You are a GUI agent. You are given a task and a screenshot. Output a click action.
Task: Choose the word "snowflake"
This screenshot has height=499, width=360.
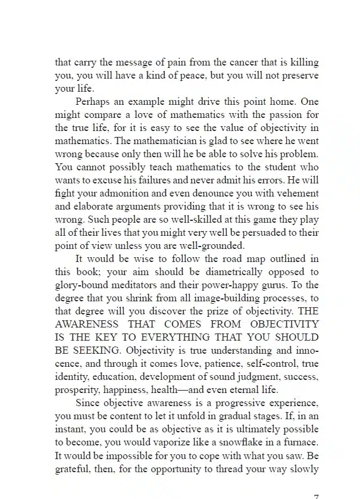click(243, 442)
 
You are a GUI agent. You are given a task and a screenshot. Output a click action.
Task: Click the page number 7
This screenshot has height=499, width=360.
click(316, 495)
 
